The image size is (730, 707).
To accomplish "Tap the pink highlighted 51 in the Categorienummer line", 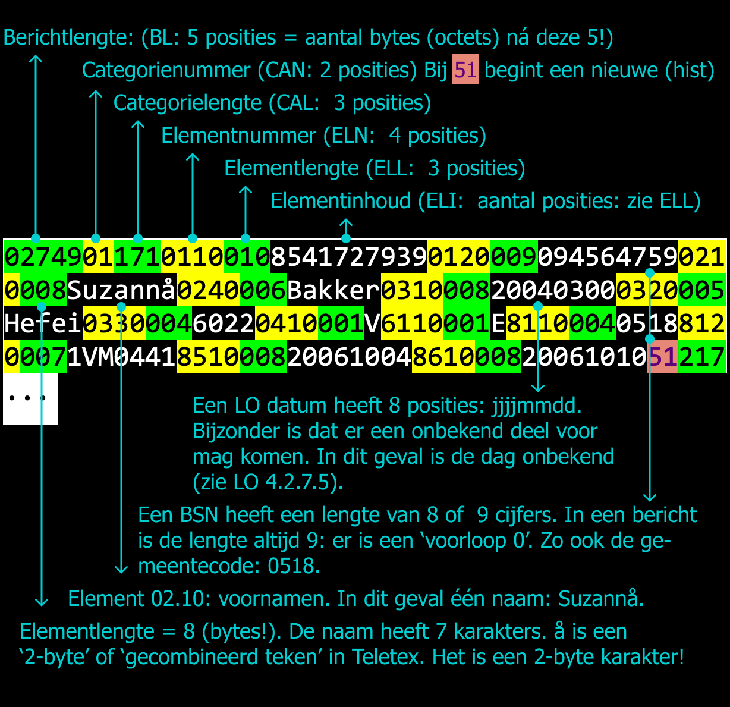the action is tap(465, 70).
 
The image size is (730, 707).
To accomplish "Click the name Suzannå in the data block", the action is tap(122, 291).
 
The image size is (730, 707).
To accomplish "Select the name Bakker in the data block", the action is tap(333, 291).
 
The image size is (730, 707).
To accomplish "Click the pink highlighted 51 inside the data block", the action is tap(663, 357).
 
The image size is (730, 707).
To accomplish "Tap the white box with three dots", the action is tap(30, 398).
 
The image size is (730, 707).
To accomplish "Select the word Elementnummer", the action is tap(238, 136).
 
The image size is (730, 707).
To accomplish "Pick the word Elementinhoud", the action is tap(340, 201).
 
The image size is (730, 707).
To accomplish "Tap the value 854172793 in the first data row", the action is tap(349, 257).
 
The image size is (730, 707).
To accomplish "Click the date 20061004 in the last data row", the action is tap(350, 357).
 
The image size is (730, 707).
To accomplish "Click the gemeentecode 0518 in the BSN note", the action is tap(293, 565).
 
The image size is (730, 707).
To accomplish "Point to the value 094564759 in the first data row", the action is tap(608, 257).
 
